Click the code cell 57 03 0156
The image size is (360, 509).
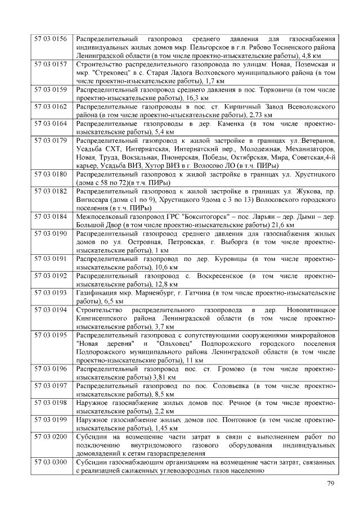(51, 39)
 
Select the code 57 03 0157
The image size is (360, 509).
(51, 65)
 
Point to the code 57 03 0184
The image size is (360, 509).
(51, 217)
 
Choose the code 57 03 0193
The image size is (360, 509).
(51, 293)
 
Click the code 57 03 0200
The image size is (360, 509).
(51, 437)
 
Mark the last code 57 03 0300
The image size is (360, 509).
(51, 462)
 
